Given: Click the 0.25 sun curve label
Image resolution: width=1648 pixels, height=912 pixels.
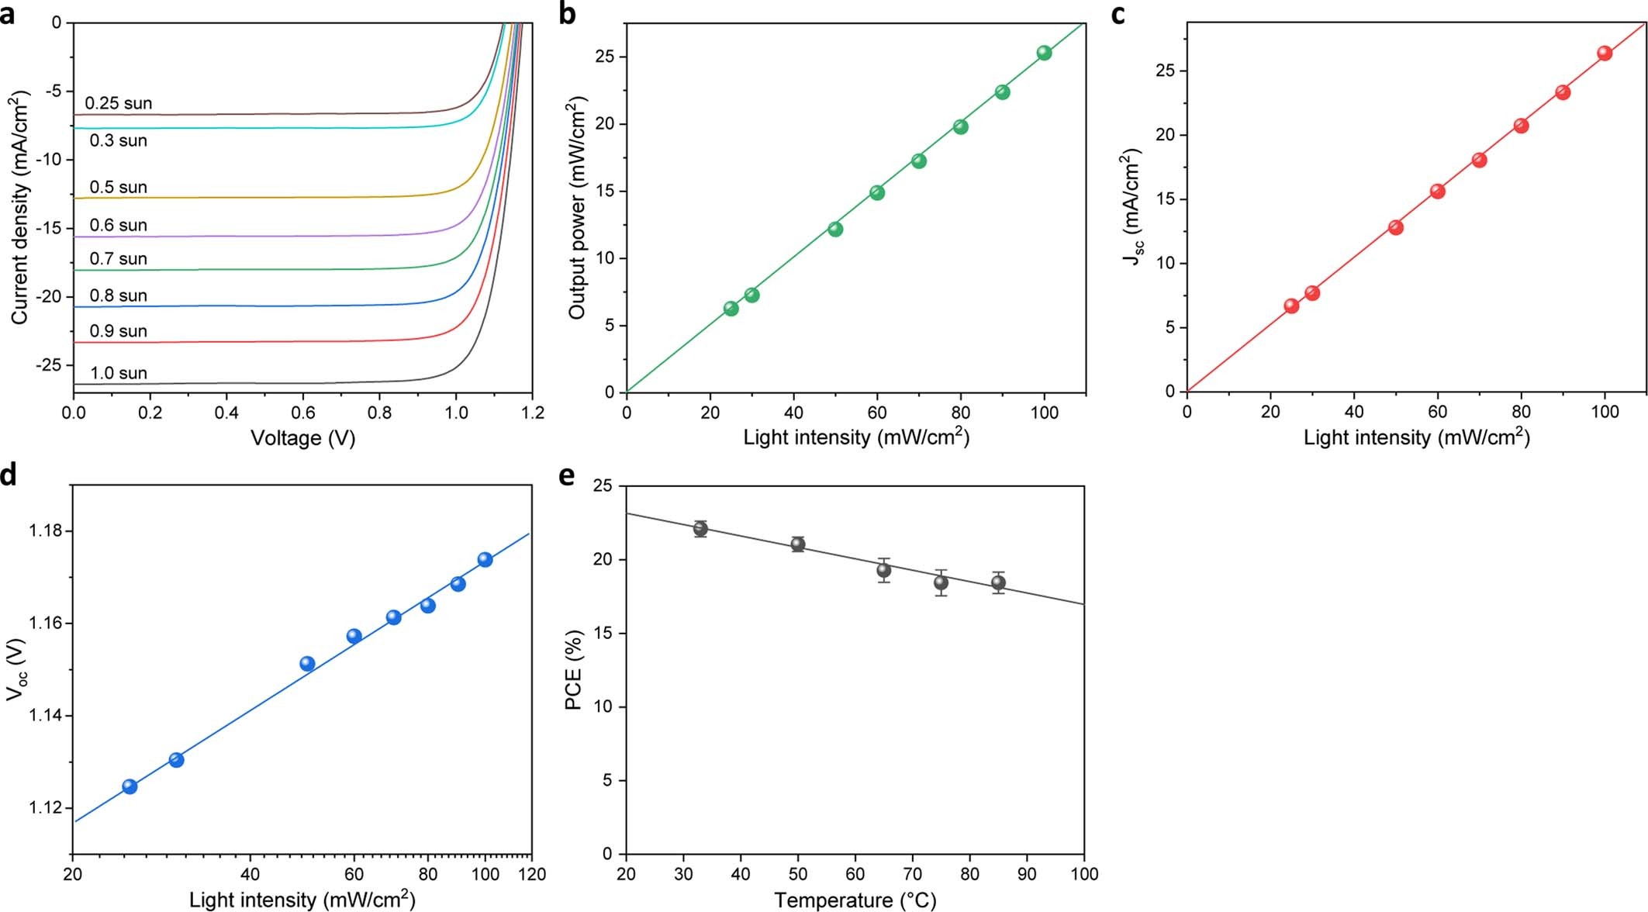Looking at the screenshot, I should pos(118,103).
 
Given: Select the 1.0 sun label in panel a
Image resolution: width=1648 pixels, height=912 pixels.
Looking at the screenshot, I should pos(118,373).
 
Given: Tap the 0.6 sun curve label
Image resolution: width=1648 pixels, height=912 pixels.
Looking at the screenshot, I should pos(118,225).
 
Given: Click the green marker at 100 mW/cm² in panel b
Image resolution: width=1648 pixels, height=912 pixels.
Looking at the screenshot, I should pos(1044,53).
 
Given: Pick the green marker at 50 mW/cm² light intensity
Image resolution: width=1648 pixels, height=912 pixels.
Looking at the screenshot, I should pos(835,229).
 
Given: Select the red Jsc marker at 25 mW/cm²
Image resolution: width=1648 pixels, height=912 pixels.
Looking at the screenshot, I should pos(1291,306).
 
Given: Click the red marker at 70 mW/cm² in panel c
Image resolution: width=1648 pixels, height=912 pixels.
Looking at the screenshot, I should pos(1479,160).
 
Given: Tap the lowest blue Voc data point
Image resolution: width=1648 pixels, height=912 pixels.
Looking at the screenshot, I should pos(130,786).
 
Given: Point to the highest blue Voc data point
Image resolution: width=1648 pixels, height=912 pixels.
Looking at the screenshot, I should pos(485,559).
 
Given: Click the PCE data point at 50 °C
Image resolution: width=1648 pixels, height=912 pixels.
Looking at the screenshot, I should pos(797,544).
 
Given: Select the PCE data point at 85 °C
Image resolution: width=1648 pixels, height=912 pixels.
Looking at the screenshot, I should pos(998,582).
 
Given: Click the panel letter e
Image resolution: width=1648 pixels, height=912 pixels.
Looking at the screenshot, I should pos(567,475).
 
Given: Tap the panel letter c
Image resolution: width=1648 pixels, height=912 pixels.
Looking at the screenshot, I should pos(1118,14).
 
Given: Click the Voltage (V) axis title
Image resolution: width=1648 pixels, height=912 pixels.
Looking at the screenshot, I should pos(302,438).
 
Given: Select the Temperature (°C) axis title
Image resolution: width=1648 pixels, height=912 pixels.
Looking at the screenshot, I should pos(855,900).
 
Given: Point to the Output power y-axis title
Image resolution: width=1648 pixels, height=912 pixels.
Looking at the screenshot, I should pos(576,208).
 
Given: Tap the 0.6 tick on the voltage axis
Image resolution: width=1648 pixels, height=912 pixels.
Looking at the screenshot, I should pos(303,413).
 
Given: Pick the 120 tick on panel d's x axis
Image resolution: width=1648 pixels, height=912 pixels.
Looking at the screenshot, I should pos(531,874).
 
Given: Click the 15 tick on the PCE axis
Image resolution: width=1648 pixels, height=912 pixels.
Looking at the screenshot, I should pos(602,634).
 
